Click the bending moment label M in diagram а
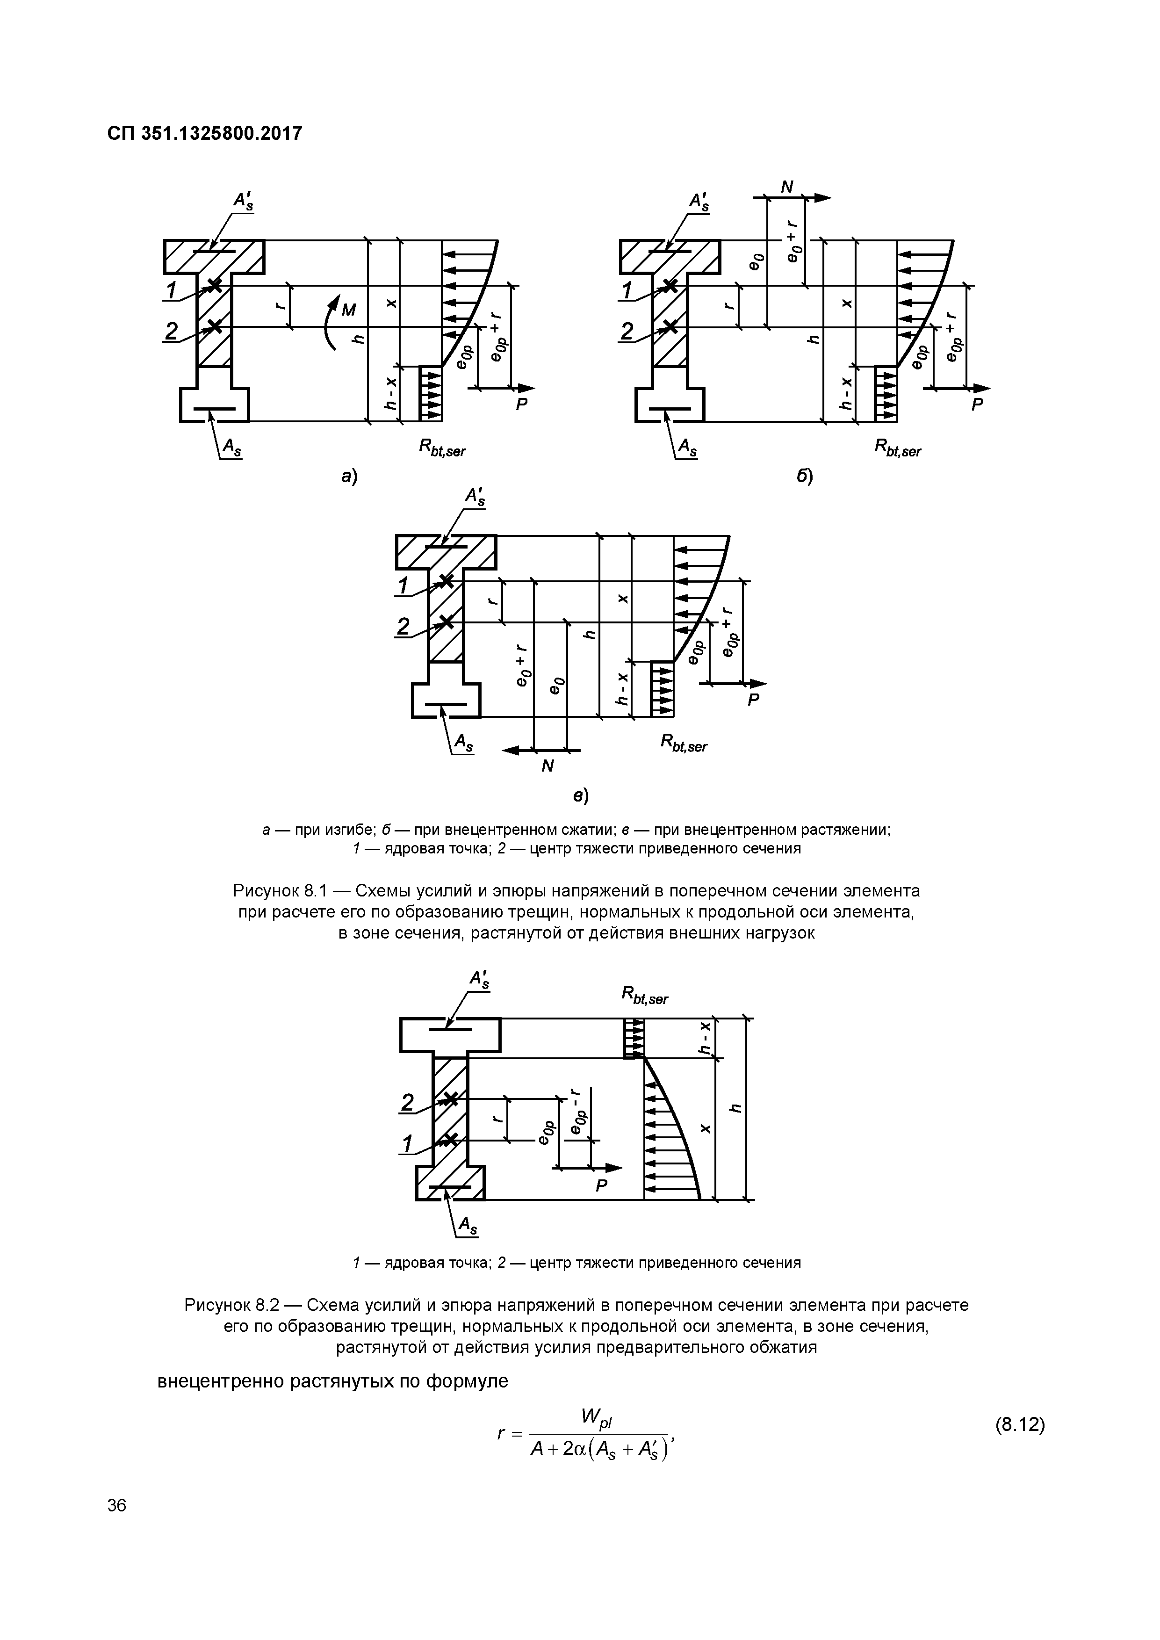click(x=349, y=309)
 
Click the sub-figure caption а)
click(x=349, y=477)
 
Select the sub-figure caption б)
click(x=805, y=477)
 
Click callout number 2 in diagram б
click(x=627, y=331)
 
